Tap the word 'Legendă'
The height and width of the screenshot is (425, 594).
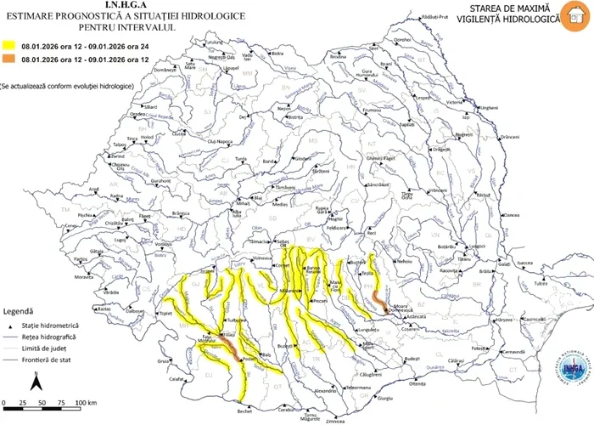click(18, 311)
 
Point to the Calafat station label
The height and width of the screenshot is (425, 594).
click(175, 380)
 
